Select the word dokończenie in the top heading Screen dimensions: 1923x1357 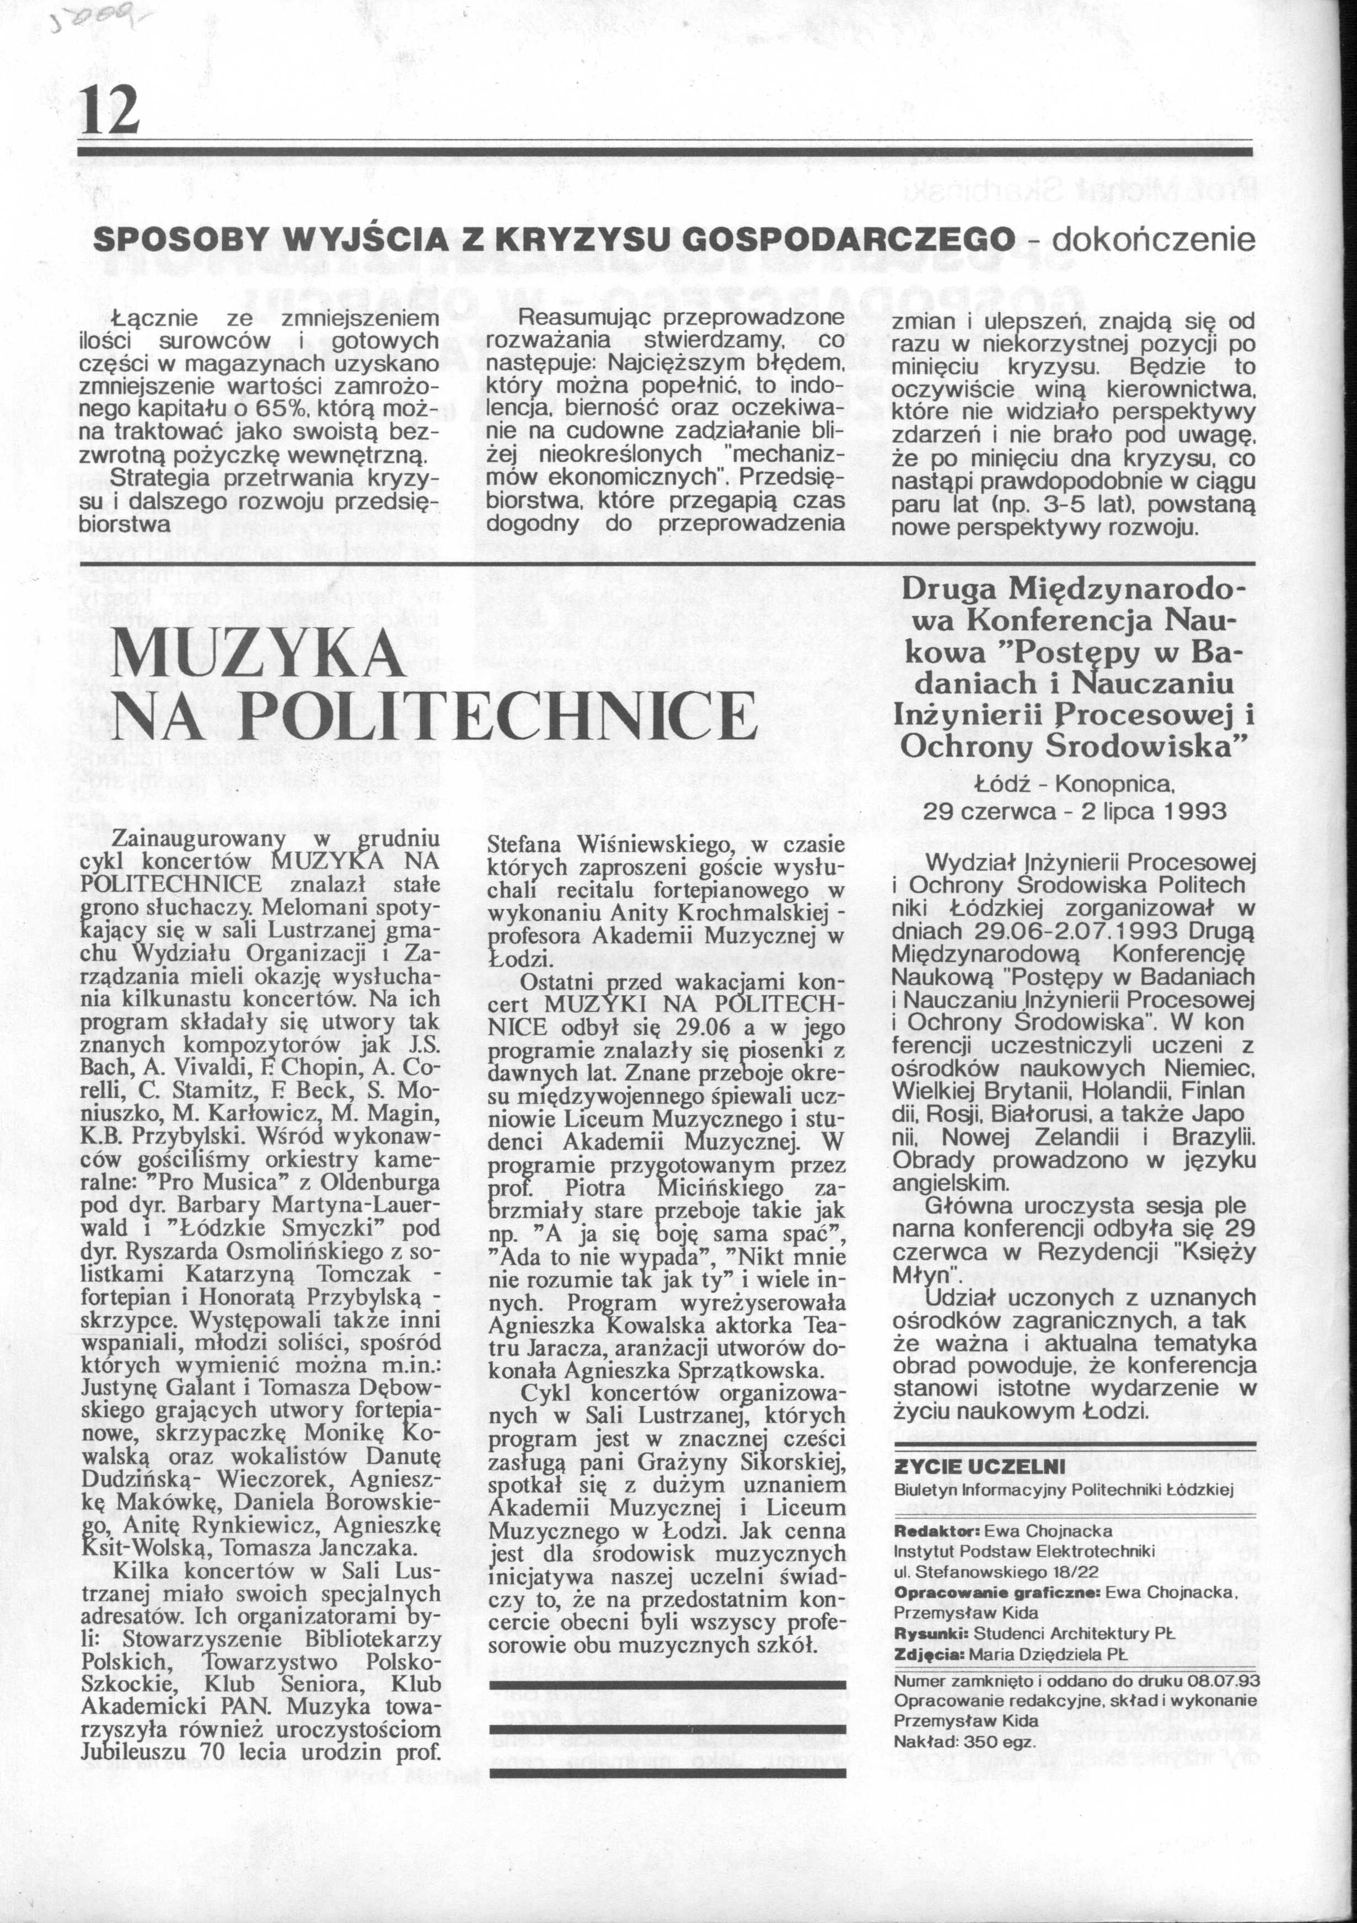click(x=1153, y=241)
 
